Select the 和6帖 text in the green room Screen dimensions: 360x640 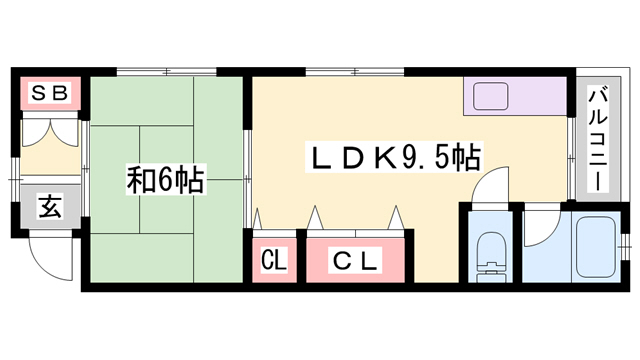(165, 181)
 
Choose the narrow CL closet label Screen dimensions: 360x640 (274, 262)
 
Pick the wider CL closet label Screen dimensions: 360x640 (356, 262)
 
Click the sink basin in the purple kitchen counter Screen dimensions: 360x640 (491, 98)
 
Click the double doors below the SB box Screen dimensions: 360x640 (49, 134)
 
